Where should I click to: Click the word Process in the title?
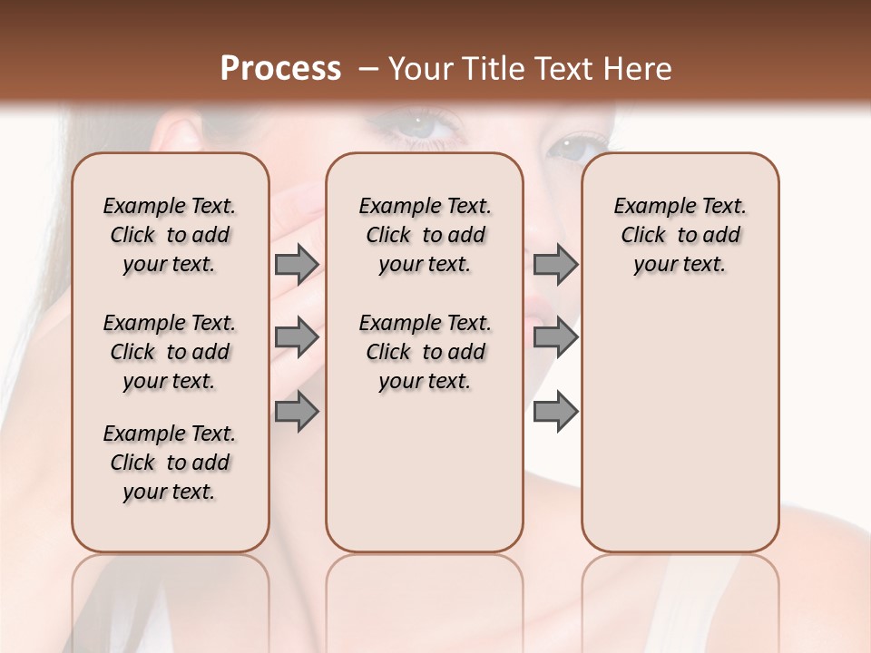coord(280,69)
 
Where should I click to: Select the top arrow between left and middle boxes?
coord(297,264)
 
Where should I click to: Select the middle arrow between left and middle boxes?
coord(297,337)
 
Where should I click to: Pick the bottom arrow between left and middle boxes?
coord(297,411)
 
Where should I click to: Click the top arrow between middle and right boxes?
coord(555,264)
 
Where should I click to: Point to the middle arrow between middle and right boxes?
coord(555,337)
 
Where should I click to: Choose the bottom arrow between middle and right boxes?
coord(555,411)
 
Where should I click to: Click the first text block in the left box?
coord(169,235)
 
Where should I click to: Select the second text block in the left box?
coord(169,352)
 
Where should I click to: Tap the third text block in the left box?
coord(169,463)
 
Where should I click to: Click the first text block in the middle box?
coord(425,235)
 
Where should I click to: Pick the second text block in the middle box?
coord(425,352)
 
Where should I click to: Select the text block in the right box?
coord(680,235)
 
